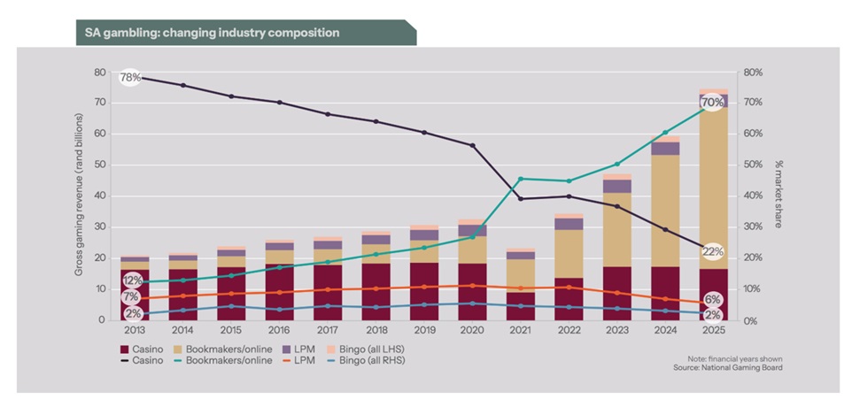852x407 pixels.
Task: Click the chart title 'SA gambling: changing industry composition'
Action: pyautogui.click(x=212, y=33)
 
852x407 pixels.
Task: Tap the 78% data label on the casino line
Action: pyautogui.click(x=129, y=78)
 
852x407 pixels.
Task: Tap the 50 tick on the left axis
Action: pyautogui.click(x=99, y=165)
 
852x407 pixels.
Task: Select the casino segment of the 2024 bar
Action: pyautogui.click(x=665, y=292)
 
